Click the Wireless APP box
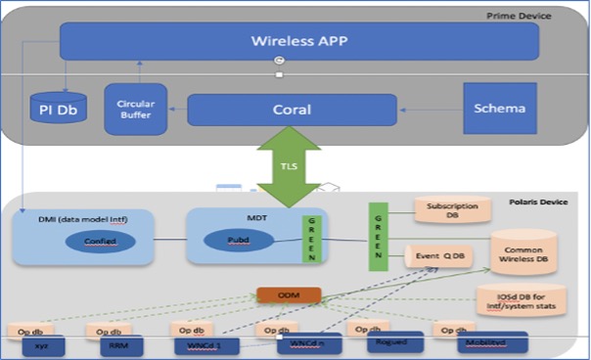tap(299, 41)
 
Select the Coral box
tap(292, 110)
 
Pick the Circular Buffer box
tap(136, 109)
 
